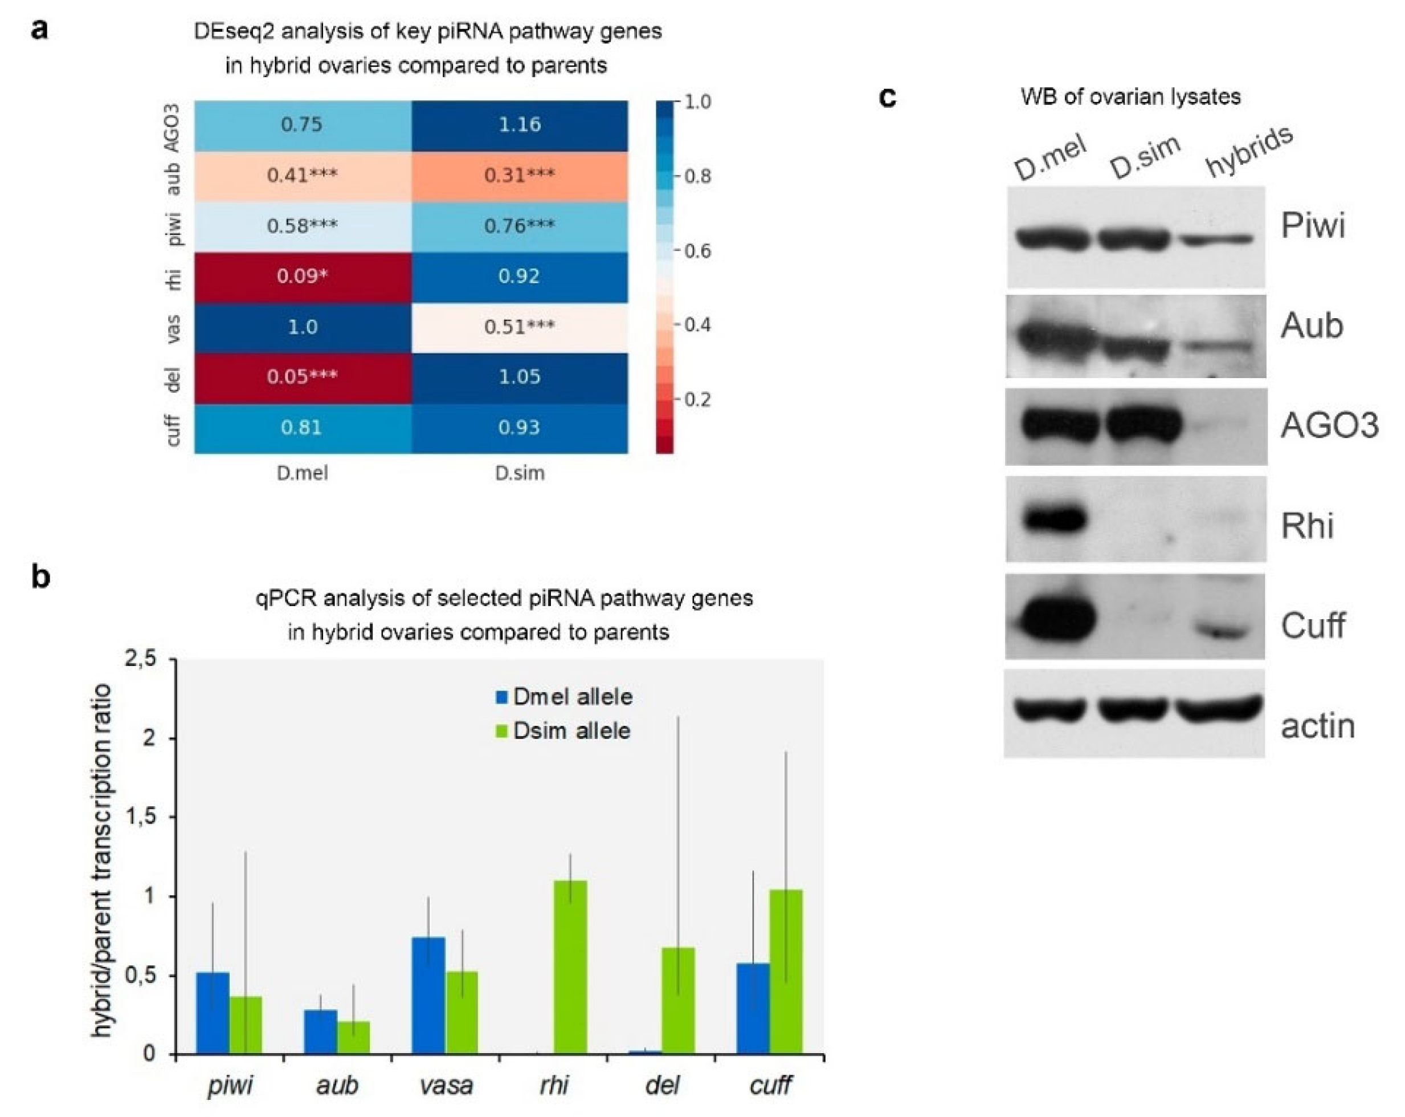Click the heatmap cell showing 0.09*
pyautogui.click(x=303, y=277)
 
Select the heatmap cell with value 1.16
pyautogui.click(x=520, y=124)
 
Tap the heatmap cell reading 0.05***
pyautogui.click(x=303, y=377)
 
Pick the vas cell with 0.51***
pyautogui.click(x=520, y=327)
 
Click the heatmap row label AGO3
pyautogui.click(x=171, y=128)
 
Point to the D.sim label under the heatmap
pyautogui.click(x=520, y=473)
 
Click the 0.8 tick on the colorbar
pyautogui.click(x=697, y=176)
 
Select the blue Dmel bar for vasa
pyautogui.click(x=429, y=995)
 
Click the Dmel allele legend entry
pyautogui.click(x=565, y=697)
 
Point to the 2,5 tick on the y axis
pyautogui.click(x=140, y=660)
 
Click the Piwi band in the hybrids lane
pyautogui.click(x=1216, y=240)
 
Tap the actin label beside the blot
pyautogui.click(x=1318, y=726)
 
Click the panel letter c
pyautogui.click(x=888, y=97)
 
